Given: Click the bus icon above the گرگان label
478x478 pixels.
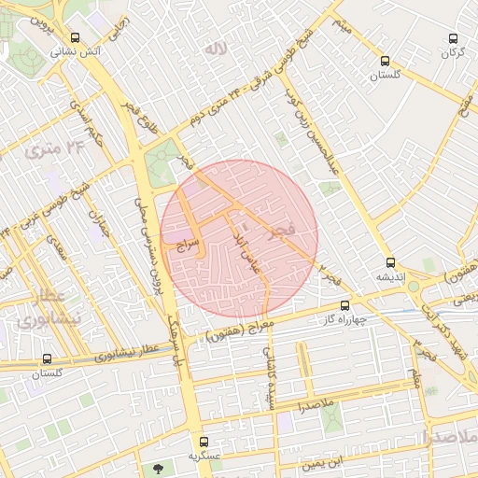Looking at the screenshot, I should pyautogui.click(x=454, y=39).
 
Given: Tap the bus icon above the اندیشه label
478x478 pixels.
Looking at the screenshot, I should pyautogui.click(x=391, y=263).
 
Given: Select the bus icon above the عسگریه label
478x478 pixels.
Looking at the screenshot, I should pyautogui.click(x=204, y=442).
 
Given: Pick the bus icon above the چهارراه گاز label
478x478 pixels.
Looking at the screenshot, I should pyautogui.click(x=345, y=305).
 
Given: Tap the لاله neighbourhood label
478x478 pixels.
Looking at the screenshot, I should pyautogui.click(x=216, y=48).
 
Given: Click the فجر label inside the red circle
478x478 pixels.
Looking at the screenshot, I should pyautogui.click(x=284, y=228).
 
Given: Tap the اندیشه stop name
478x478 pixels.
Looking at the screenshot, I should pyautogui.click(x=390, y=277).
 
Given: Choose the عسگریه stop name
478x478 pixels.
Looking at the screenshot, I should pyautogui.click(x=204, y=457).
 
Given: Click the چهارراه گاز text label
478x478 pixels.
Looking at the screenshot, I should pyautogui.click(x=346, y=319).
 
